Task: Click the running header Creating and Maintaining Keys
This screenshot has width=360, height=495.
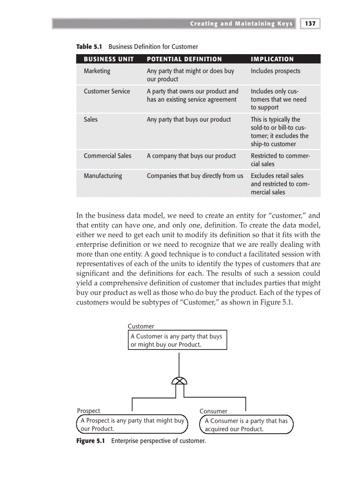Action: (241, 24)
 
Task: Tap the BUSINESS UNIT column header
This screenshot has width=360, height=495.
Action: (109, 59)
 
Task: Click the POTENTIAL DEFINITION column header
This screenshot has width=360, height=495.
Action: (184, 59)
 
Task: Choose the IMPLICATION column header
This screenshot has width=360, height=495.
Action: (272, 59)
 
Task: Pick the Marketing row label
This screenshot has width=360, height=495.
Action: (97, 71)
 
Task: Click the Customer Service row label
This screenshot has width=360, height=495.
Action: (107, 91)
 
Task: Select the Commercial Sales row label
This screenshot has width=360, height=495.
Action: (107, 156)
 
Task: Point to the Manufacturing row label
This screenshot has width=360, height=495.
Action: (103, 175)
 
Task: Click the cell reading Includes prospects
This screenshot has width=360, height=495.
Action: (275, 71)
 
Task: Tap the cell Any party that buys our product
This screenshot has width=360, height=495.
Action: (188, 119)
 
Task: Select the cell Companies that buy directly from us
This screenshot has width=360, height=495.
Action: (195, 175)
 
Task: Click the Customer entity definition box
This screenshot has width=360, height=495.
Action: (177, 340)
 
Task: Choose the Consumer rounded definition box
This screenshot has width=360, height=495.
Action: (246, 425)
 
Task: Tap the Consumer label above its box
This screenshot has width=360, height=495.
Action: (213, 411)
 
